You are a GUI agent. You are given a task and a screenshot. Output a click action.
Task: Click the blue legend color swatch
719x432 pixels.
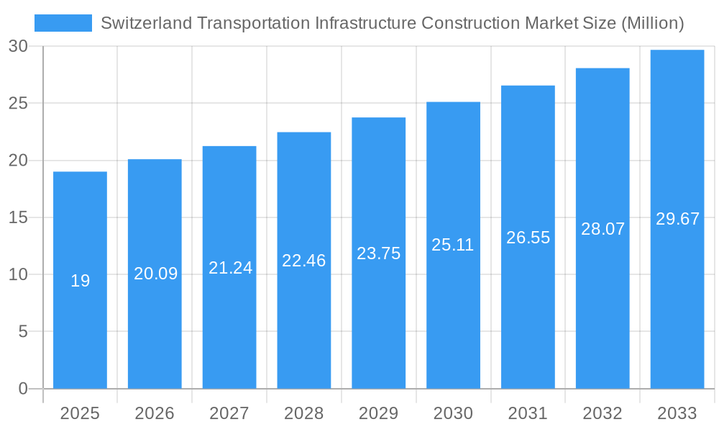click(x=63, y=23)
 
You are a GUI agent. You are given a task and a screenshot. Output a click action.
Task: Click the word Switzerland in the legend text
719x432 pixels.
click(x=147, y=23)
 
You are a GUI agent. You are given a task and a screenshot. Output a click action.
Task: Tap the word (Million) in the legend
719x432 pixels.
click(x=650, y=23)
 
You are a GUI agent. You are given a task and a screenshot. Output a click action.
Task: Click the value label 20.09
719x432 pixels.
click(x=155, y=274)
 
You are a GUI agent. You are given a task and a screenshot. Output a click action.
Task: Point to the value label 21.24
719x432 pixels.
click(x=230, y=268)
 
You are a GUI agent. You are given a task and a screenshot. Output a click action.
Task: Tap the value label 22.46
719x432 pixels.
click(x=303, y=261)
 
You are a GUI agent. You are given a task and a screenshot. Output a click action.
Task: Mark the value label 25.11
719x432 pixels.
click(x=452, y=245)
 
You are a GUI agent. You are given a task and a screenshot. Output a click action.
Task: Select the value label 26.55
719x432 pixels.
click(x=528, y=238)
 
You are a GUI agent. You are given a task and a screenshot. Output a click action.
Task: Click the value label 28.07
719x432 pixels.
click(x=603, y=229)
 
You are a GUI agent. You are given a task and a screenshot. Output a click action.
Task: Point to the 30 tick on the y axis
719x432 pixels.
click(x=18, y=46)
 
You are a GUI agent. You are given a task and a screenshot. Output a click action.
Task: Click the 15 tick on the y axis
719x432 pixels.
click(x=18, y=217)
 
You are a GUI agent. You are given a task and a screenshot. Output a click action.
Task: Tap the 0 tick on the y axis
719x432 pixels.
click(x=22, y=389)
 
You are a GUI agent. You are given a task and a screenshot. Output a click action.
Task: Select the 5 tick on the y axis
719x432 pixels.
click(x=22, y=332)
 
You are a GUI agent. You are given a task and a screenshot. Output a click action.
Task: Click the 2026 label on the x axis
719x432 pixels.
click(x=155, y=413)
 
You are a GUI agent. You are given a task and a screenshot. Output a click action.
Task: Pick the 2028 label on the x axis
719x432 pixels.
click(x=303, y=413)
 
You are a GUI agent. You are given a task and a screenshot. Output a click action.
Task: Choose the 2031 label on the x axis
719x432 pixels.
click(x=528, y=413)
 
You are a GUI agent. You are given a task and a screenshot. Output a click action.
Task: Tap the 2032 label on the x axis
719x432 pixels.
click(x=603, y=413)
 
